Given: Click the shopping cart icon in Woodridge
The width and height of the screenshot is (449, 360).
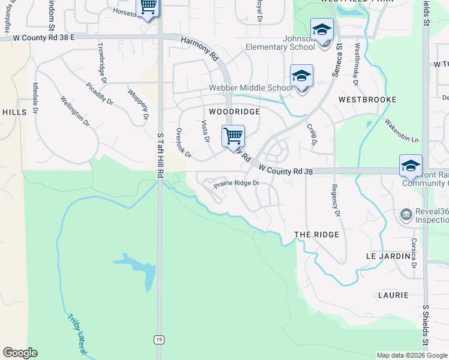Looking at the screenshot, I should click(233, 136).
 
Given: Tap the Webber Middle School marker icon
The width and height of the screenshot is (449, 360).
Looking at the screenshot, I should click(301, 76).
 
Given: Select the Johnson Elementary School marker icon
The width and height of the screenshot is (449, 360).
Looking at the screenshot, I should click(322, 29).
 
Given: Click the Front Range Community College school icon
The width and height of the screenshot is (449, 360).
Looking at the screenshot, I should click(411, 166).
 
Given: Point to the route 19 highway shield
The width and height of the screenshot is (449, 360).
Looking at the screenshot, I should click(158, 340).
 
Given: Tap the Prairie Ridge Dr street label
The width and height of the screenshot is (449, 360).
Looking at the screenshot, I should click(237, 184).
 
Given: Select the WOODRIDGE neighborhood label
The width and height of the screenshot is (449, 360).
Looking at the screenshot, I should click(234, 112).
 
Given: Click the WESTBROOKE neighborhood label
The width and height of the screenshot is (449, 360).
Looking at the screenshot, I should click(367, 99).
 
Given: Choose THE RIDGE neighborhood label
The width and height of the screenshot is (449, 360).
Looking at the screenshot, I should click(317, 235).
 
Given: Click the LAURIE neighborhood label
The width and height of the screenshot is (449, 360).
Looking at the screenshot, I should click(393, 295).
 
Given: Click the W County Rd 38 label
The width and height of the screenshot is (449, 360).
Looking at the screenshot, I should click(286, 171).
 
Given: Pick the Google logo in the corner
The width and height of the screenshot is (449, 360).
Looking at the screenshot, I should click(20, 353).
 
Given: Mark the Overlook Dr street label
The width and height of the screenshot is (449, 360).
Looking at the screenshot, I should click(183, 143).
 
